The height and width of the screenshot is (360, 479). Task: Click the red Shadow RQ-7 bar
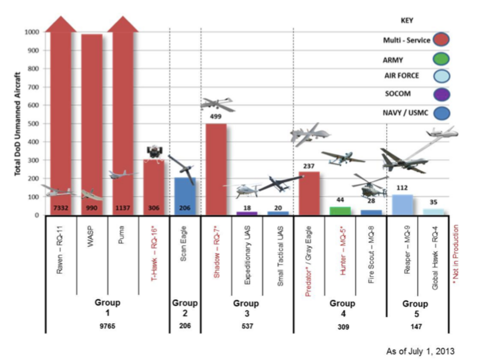(x=216, y=168)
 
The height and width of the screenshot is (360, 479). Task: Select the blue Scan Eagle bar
(x=185, y=196)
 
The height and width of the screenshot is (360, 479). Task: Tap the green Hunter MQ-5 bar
(x=340, y=211)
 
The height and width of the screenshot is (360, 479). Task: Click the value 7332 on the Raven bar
(x=61, y=208)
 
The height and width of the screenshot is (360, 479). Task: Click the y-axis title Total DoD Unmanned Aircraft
(x=17, y=124)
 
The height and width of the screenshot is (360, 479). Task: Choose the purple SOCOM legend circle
(x=441, y=94)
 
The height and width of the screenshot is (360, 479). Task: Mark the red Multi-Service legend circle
(x=441, y=40)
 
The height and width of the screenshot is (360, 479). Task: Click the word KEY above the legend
(x=407, y=21)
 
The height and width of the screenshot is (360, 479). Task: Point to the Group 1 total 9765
(x=108, y=326)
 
